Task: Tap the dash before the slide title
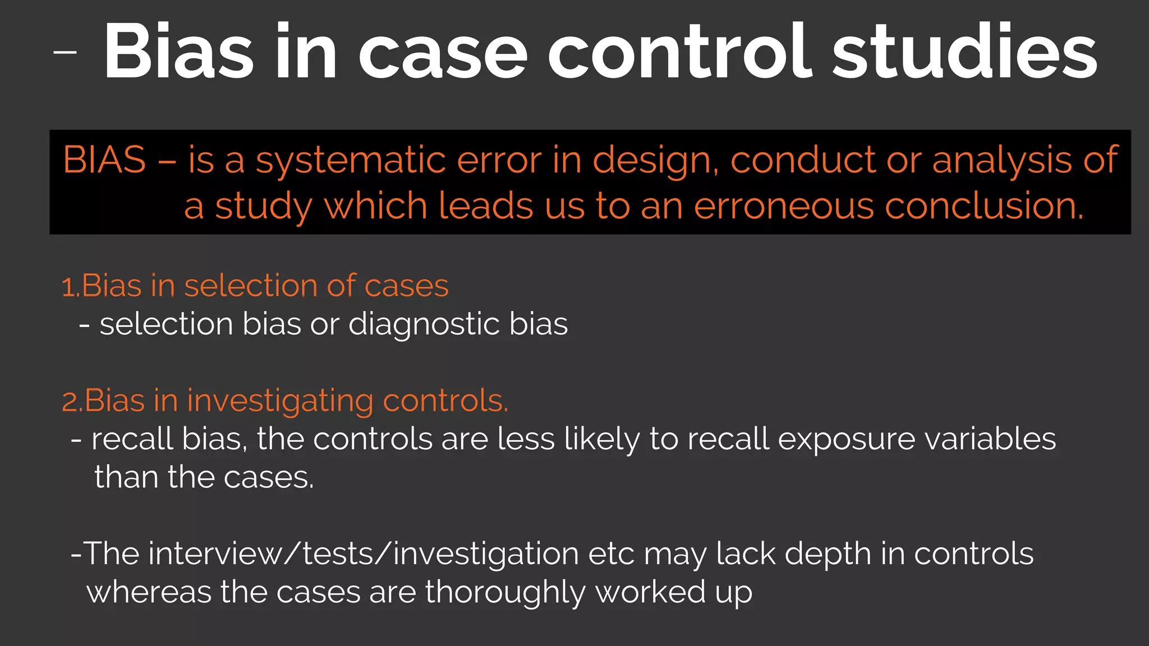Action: click(65, 52)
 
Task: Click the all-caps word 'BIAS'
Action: click(104, 160)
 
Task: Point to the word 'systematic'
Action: click(351, 161)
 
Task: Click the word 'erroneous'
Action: click(784, 206)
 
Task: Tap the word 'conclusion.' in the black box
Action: click(984, 206)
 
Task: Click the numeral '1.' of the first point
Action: click(71, 287)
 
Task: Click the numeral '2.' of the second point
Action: click(72, 402)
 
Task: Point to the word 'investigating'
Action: click(280, 402)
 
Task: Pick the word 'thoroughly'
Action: click(505, 593)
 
